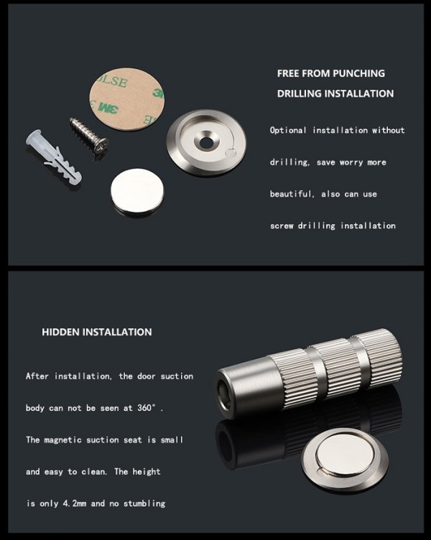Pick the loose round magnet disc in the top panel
pos(138,192)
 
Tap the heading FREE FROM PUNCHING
pos(331,73)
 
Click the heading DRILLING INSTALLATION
pos(335,93)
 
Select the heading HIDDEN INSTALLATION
pos(97,332)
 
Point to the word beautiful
pos(292,194)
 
